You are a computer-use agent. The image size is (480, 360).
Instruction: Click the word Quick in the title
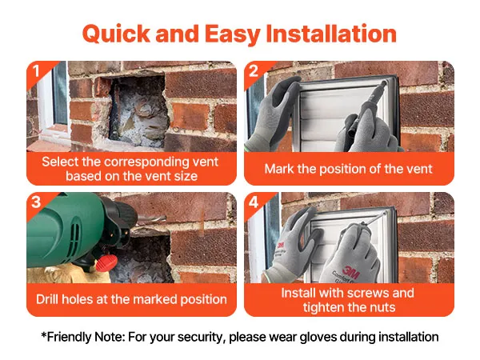point(116,34)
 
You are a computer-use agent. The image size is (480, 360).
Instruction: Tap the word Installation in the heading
point(331,34)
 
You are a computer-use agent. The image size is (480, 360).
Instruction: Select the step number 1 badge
point(36,71)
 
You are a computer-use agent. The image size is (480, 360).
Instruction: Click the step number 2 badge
point(254,71)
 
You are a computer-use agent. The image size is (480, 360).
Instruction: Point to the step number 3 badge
point(36,202)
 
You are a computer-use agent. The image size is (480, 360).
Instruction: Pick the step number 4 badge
point(254,202)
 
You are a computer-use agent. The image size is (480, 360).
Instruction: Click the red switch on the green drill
point(106,262)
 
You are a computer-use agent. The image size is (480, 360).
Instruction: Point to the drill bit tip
point(165,218)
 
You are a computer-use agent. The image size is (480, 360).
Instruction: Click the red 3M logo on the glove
point(351,271)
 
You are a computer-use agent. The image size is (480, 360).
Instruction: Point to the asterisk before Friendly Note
point(44,334)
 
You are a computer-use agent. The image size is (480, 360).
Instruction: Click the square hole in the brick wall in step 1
point(138,110)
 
